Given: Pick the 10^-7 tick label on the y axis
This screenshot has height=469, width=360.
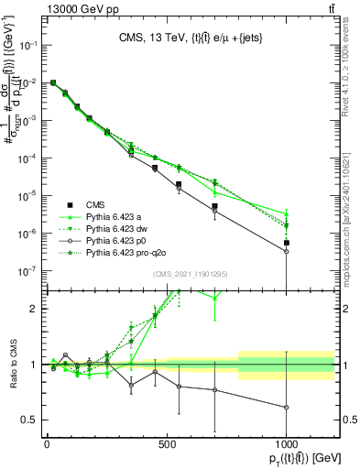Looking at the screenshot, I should (26, 270).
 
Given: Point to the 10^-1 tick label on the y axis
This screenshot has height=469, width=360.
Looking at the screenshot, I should (26, 46).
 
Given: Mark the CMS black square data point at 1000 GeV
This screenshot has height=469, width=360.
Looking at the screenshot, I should (287, 243).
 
